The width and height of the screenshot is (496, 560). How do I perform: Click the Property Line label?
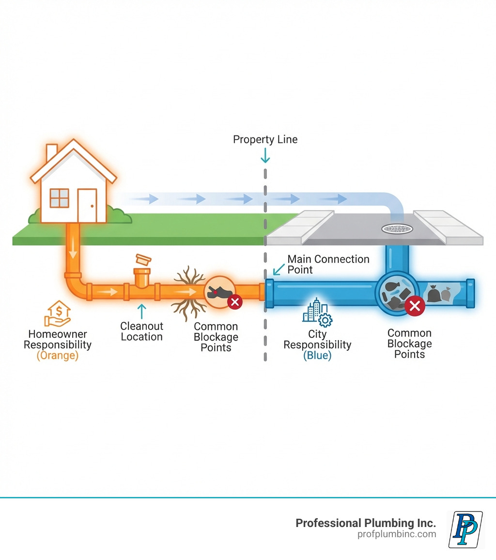click(265, 140)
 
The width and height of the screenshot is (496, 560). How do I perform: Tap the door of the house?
click(87, 205)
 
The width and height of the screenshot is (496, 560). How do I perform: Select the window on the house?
click(60, 198)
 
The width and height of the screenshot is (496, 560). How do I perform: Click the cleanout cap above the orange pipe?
click(144, 259)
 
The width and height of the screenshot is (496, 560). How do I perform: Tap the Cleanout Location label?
click(141, 331)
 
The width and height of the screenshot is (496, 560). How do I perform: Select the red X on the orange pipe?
click(235, 303)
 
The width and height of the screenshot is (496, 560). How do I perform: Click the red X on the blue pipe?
click(415, 306)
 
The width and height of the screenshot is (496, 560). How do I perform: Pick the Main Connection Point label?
click(328, 264)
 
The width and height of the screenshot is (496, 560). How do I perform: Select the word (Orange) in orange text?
click(58, 356)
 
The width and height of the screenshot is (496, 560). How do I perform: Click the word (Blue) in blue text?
click(317, 356)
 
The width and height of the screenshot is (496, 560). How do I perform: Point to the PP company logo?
click(466, 529)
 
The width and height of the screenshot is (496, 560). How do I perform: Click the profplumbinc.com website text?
click(397, 534)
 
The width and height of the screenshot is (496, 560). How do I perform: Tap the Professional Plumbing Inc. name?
click(366, 523)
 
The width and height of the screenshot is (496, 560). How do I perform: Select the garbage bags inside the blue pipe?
click(438, 293)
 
